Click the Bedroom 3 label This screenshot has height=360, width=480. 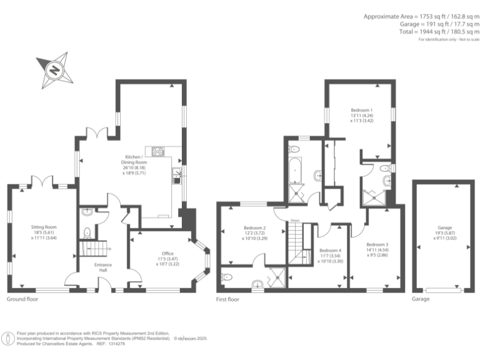coord(377,244)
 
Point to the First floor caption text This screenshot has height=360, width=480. coord(229,299)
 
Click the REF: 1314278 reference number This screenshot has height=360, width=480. coord(111,343)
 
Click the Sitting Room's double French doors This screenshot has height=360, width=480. coord(42,182)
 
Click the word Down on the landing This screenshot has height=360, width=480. coord(294,221)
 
